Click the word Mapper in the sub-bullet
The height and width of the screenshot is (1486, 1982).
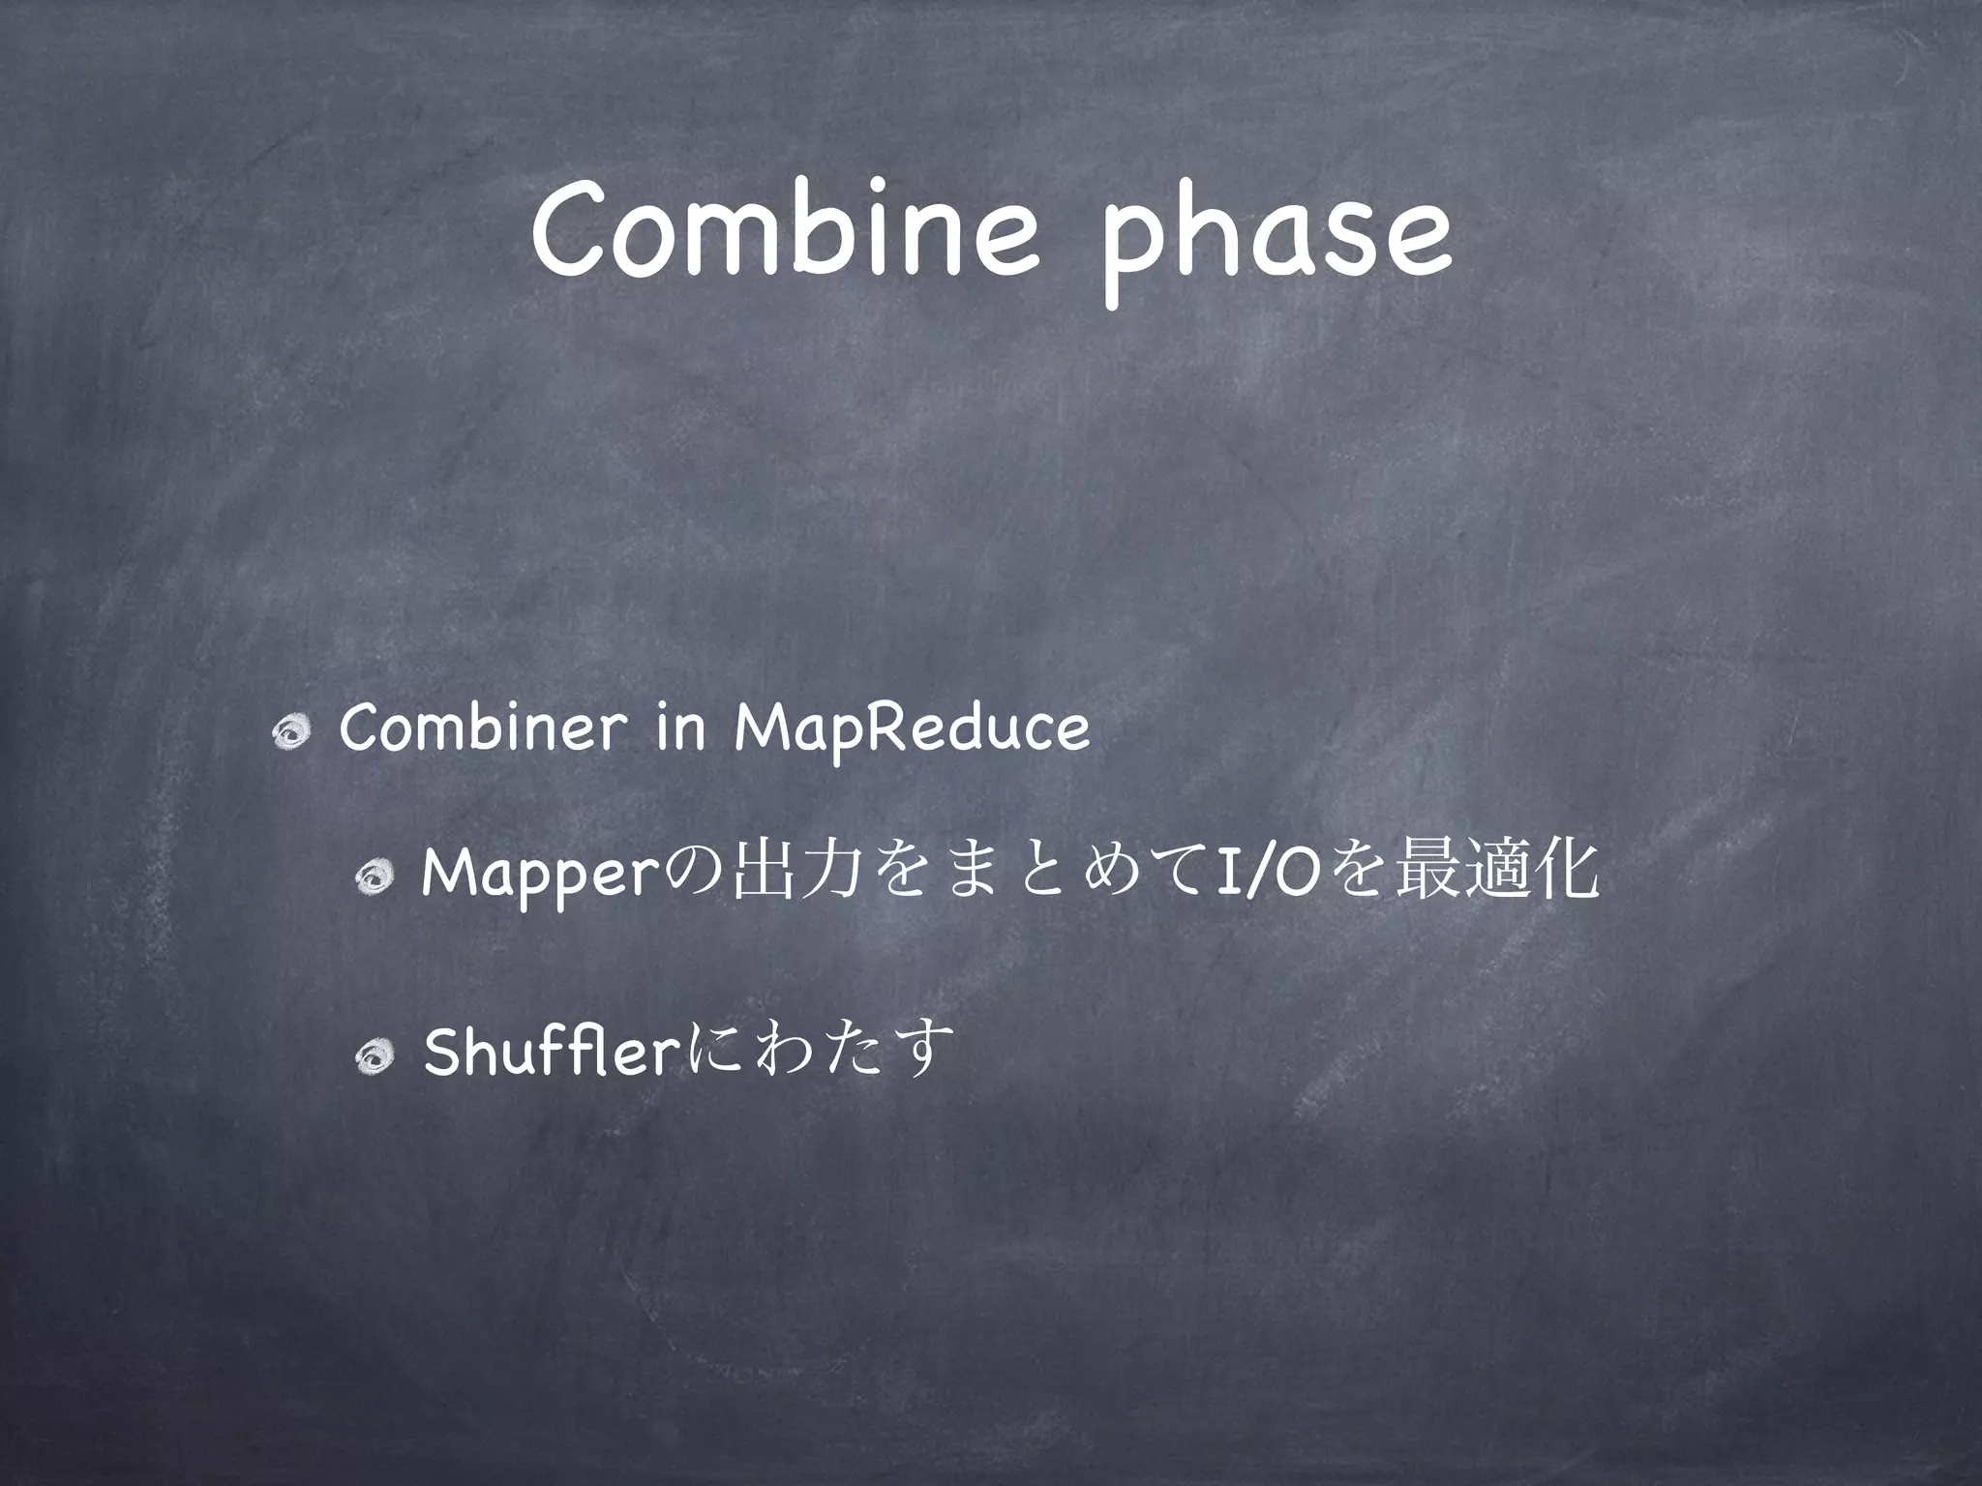[541, 877]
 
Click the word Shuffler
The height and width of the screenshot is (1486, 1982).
[548, 1052]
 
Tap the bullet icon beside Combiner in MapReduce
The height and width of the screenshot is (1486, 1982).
[289, 736]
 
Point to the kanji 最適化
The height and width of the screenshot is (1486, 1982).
[1494, 877]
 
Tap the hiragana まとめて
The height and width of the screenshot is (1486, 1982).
[1044, 877]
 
